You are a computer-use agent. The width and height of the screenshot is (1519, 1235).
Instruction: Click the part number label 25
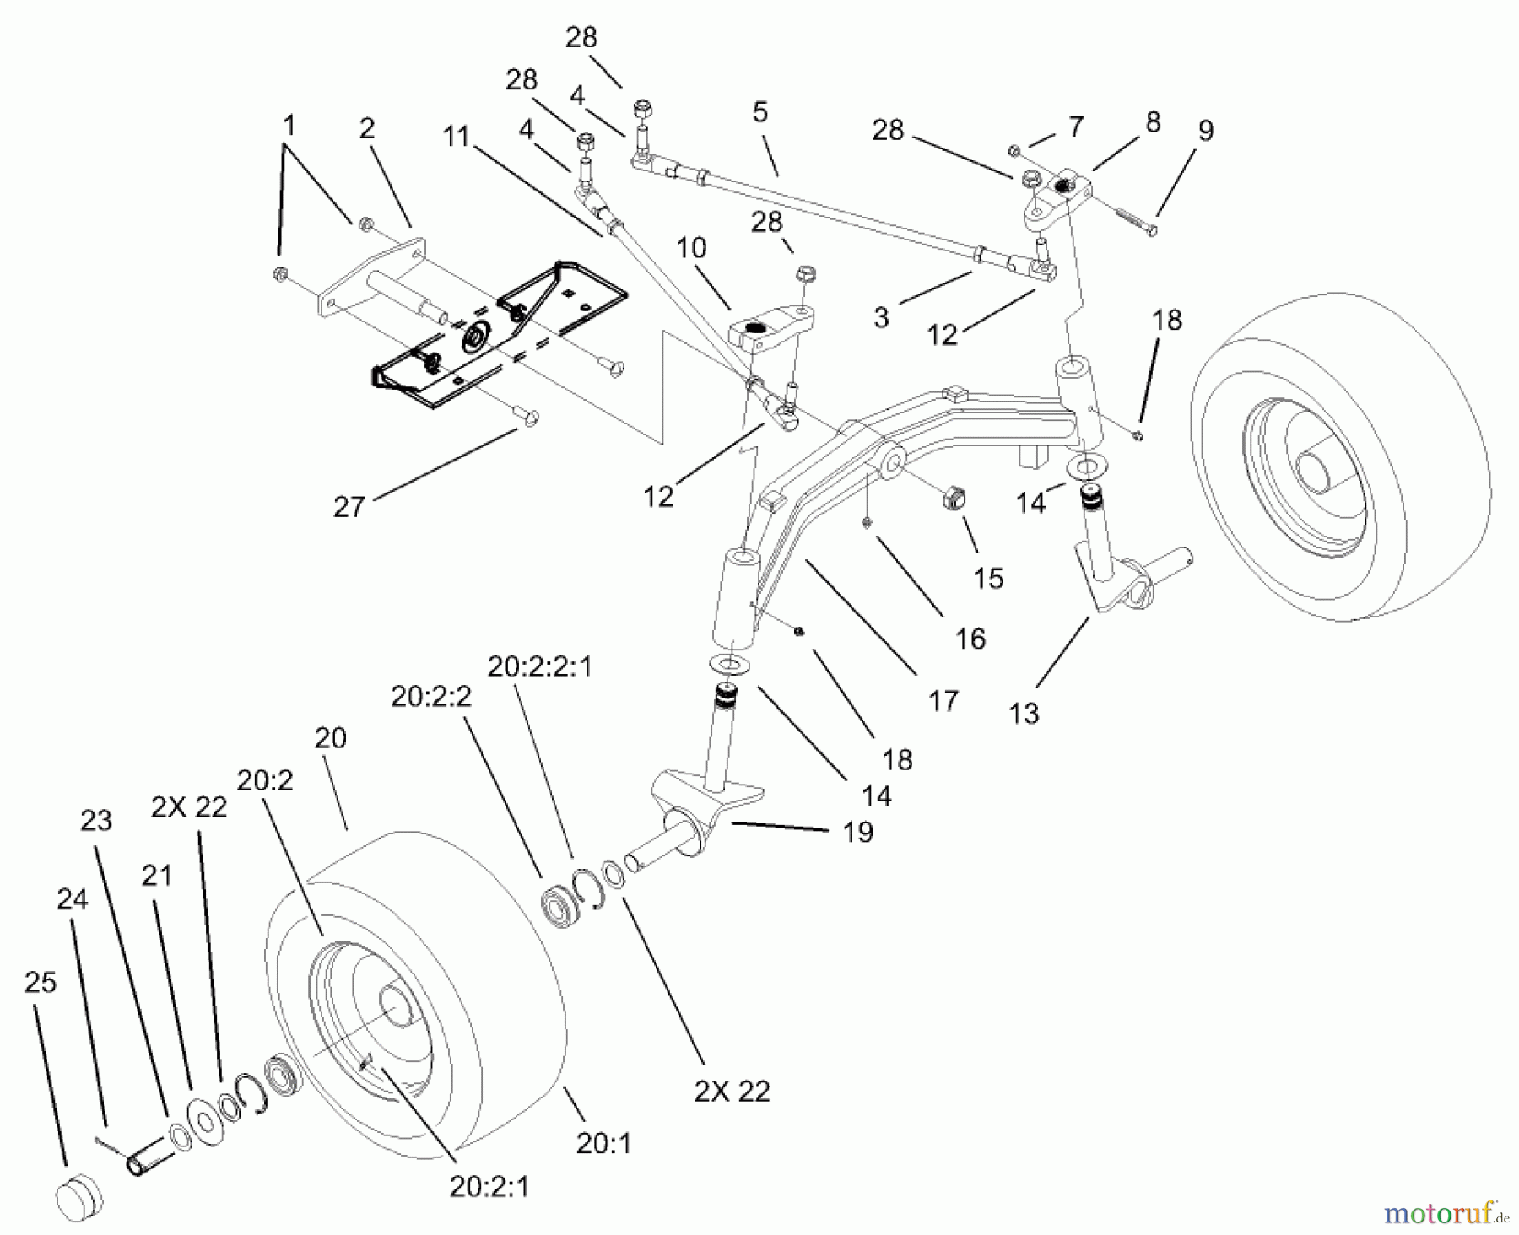click(40, 983)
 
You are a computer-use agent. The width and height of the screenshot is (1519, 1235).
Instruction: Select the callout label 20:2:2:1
click(539, 667)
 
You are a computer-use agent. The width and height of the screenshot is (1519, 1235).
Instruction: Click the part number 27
click(349, 507)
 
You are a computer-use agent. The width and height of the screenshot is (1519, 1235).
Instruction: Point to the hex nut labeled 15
click(951, 499)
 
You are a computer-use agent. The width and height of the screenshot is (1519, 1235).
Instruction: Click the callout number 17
click(943, 701)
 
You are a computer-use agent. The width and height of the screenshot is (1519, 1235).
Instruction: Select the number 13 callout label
click(1024, 714)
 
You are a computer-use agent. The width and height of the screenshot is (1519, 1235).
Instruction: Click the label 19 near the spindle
click(857, 833)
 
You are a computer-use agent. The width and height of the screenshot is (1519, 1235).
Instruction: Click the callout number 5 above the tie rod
click(759, 112)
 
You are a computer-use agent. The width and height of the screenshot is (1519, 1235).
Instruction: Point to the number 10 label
click(691, 248)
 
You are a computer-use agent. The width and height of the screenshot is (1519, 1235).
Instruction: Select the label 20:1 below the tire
click(603, 1144)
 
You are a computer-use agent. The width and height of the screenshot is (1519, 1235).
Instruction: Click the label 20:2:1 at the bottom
click(489, 1187)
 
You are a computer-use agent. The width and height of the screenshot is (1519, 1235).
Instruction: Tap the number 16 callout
click(970, 639)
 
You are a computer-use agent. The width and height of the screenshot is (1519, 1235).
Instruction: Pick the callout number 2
click(366, 129)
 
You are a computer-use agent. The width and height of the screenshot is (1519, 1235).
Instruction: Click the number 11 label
click(456, 137)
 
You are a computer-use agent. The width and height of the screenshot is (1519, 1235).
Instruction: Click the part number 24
click(72, 899)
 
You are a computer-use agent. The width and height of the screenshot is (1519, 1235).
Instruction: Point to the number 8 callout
click(1153, 122)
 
